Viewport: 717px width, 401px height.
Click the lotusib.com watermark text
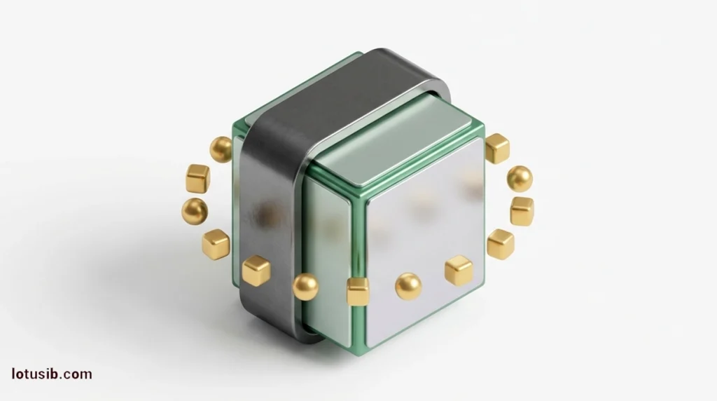52,374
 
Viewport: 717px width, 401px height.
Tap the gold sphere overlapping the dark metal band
305,287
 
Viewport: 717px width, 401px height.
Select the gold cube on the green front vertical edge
358,291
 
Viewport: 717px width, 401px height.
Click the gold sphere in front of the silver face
408,287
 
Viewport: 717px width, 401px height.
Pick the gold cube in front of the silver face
459,271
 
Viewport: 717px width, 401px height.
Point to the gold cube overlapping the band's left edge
256,271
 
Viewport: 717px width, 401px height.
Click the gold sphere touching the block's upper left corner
222,149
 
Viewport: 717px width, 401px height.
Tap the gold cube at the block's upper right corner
497,149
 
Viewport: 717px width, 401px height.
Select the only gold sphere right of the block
520,179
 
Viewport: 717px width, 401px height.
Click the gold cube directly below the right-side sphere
522,211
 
